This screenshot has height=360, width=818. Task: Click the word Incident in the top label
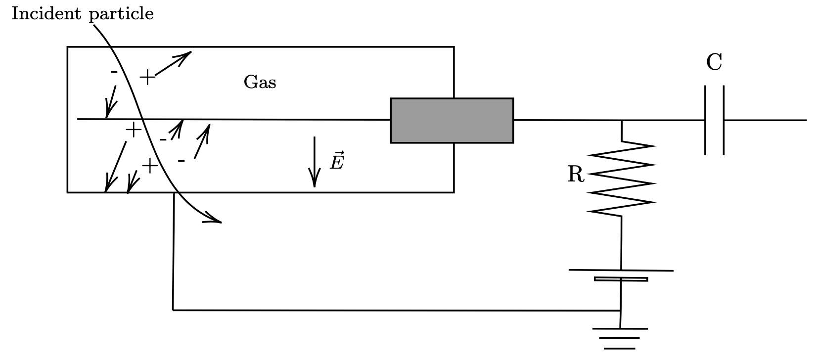[46, 13]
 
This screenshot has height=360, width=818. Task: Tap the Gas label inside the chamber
[260, 82]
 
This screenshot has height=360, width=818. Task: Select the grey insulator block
[452, 121]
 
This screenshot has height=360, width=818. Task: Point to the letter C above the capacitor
[714, 62]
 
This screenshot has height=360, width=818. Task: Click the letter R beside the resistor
[576, 174]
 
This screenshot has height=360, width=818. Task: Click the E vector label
[337, 161]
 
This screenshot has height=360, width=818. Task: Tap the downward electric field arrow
[315, 162]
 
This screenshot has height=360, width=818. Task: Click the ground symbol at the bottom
[620, 338]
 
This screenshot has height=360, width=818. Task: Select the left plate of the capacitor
[705, 120]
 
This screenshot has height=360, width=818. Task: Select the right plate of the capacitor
[724, 120]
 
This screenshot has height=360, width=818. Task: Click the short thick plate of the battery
[621, 279]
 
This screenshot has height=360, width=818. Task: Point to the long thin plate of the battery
[621, 270]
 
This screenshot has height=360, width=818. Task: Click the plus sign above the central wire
[147, 78]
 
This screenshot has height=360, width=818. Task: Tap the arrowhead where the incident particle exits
[214, 219]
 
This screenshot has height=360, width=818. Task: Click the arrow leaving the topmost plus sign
[173, 64]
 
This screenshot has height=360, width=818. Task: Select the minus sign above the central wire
[114, 72]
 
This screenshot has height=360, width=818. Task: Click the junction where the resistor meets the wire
[622, 120]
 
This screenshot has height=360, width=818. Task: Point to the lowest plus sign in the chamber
[150, 166]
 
